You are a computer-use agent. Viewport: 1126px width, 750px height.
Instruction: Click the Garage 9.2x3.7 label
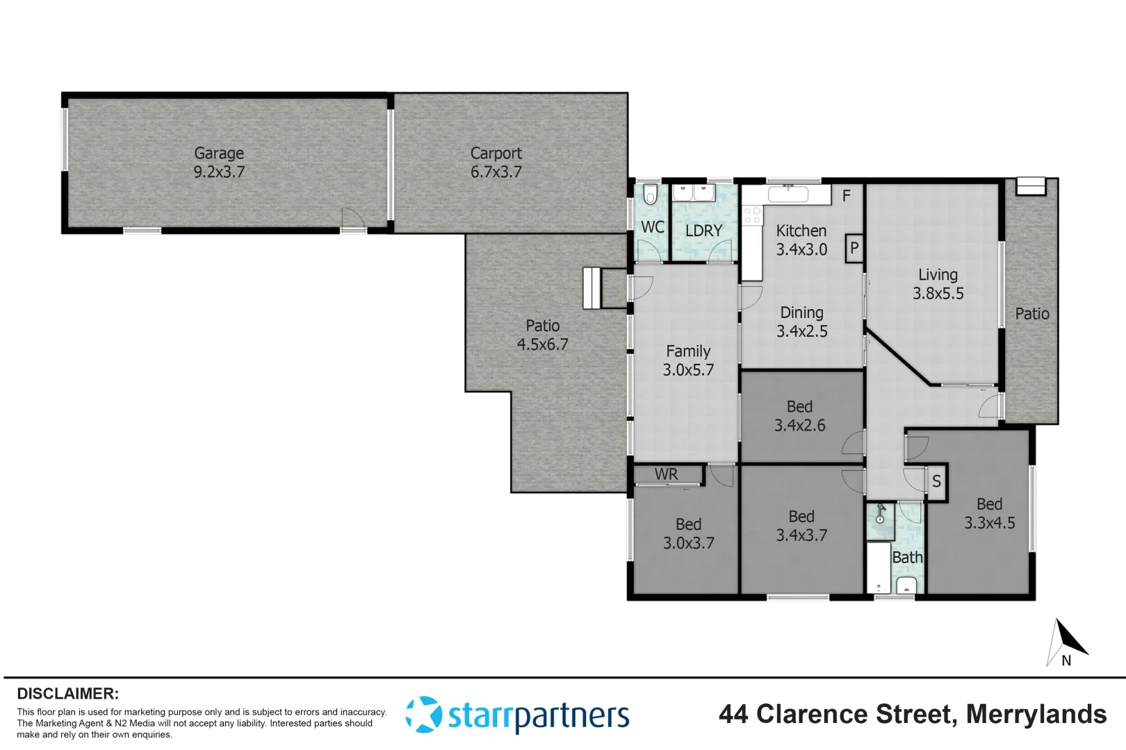pyautogui.click(x=219, y=162)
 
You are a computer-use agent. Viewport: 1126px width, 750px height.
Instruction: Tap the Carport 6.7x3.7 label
pyautogui.click(x=496, y=162)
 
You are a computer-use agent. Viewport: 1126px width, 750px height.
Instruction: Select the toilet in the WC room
pyautogui.click(x=650, y=194)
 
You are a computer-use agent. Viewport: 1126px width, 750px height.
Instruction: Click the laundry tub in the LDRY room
pyautogui.click(x=694, y=192)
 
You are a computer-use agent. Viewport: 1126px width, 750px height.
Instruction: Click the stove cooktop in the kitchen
pyautogui.click(x=752, y=215)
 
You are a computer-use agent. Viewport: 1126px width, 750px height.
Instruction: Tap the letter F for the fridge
pyautogui.click(x=846, y=196)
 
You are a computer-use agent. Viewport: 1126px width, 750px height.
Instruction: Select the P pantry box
pyautogui.click(x=854, y=248)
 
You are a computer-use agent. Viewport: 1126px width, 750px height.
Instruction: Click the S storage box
pyautogui.click(x=936, y=481)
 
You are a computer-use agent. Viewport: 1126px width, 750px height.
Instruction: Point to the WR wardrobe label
pyautogui.click(x=666, y=474)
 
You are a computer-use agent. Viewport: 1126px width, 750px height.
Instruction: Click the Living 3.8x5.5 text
pyautogui.click(x=938, y=284)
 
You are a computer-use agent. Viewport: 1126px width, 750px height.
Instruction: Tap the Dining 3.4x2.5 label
pyautogui.click(x=801, y=322)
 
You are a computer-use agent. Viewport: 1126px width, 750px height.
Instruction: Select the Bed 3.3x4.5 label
pyautogui.click(x=989, y=513)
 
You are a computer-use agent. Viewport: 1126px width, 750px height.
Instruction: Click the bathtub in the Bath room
pyautogui.click(x=879, y=568)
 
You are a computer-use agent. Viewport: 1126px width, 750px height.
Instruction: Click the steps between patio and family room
pyautogui.click(x=591, y=287)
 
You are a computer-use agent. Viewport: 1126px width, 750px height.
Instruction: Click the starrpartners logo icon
pyautogui.click(x=423, y=715)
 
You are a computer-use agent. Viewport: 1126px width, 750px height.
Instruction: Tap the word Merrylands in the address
pyautogui.click(x=1036, y=714)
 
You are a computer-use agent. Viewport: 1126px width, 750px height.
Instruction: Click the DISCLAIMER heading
pyautogui.click(x=67, y=694)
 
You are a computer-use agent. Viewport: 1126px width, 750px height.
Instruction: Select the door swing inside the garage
pyautogui.click(x=353, y=218)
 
